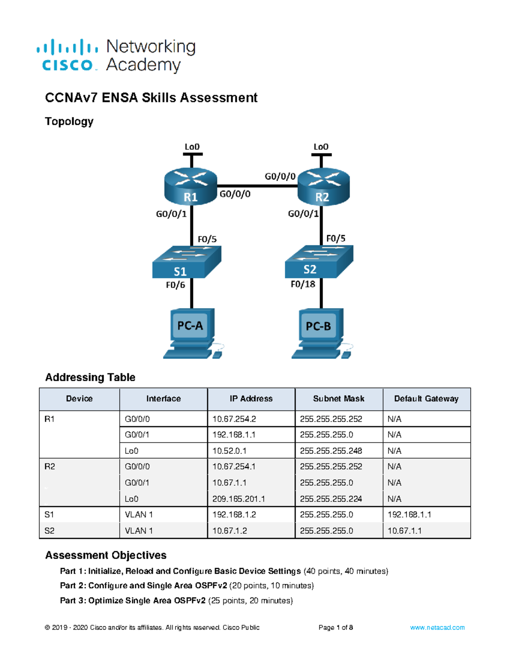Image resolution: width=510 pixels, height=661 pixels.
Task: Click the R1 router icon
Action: pos(191,186)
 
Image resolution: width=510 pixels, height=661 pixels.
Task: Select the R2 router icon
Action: pos(323,186)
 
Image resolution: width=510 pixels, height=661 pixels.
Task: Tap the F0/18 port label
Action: pos(303,284)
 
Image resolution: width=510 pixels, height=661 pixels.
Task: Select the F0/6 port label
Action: pos(175,285)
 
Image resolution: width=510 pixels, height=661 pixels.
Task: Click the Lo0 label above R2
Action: pos(321,147)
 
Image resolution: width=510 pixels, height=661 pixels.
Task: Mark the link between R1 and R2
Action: pos(257,186)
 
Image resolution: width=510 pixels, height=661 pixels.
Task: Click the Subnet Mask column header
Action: pos(338,399)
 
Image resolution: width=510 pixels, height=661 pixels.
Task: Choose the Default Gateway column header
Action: pos(426,399)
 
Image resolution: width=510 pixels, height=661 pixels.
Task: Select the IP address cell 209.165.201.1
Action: pos(238,499)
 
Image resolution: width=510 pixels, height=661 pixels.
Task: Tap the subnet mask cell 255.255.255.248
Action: pos(331,451)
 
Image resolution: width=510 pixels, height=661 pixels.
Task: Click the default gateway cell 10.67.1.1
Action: pos(404,531)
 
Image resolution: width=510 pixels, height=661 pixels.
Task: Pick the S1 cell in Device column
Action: pos(49,515)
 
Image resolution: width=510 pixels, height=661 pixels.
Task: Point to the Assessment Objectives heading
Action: pos(106,555)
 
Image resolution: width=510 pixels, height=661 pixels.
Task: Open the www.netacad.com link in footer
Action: pos(437,627)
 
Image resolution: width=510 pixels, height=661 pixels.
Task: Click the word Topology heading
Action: pos(69,122)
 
